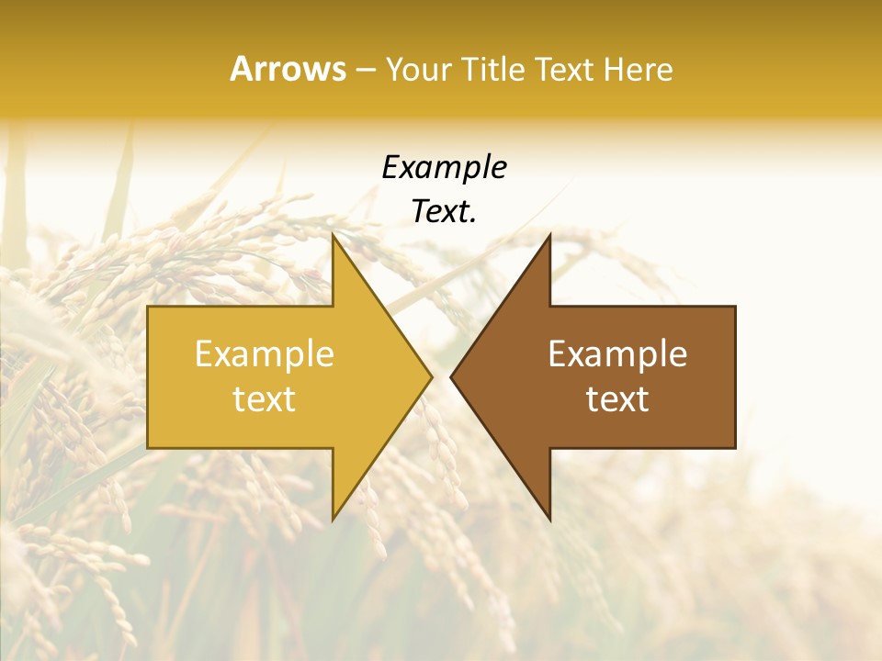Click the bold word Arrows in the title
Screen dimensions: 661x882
pos(288,69)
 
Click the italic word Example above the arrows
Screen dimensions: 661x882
pos(445,168)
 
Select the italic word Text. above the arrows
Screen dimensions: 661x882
pos(445,211)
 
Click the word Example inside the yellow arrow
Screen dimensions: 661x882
pos(265,354)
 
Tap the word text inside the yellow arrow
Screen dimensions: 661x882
pos(265,399)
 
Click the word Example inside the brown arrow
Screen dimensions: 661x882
pos(617,354)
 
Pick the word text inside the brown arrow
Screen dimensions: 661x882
pos(617,399)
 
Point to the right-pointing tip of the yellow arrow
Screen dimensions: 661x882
pos(432,376)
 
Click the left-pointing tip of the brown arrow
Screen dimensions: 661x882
pos(451,376)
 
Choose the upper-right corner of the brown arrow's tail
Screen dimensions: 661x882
pos(736,306)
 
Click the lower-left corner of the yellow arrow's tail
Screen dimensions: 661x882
pos(148,448)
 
